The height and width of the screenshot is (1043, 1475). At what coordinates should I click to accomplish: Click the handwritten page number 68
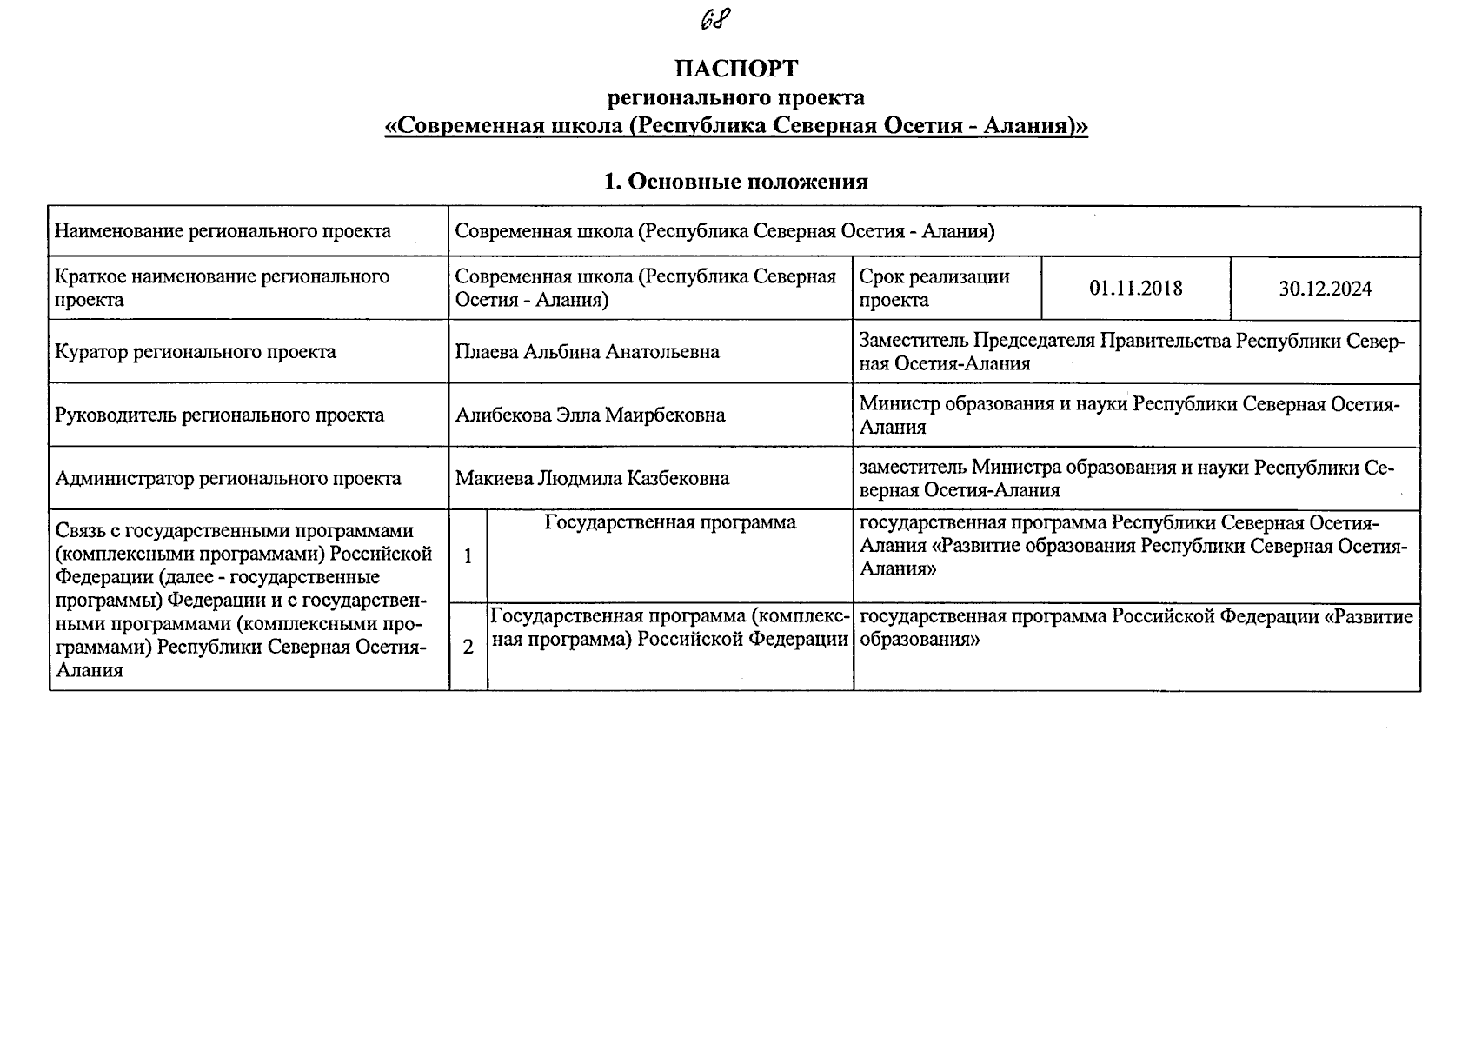[714, 18]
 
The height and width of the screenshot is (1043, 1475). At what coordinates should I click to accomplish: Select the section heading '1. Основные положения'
[736, 182]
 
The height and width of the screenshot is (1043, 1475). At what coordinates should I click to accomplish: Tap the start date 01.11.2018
[1135, 289]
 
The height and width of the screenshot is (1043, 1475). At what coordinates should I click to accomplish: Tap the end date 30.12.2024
[1325, 289]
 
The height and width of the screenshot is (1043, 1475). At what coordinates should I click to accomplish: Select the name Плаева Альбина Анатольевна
[588, 352]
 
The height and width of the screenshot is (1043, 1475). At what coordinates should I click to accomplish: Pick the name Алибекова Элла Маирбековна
[590, 415]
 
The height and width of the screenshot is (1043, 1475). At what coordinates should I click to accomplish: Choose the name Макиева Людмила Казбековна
[592, 478]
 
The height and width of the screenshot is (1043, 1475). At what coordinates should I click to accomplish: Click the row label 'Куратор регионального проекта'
[196, 352]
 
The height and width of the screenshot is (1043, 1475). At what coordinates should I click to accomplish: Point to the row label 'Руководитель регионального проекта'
[219, 415]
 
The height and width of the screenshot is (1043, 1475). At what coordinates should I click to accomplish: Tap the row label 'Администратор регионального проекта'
[228, 478]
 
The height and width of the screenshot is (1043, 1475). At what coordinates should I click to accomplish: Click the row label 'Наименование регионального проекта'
[223, 231]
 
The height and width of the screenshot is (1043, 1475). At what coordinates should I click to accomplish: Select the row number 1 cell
[468, 556]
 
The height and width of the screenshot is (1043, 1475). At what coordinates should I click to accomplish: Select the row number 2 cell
[468, 648]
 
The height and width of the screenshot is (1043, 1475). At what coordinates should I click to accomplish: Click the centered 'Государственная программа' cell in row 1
[670, 522]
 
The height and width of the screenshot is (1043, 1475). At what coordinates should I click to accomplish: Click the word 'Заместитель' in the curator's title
[913, 341]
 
